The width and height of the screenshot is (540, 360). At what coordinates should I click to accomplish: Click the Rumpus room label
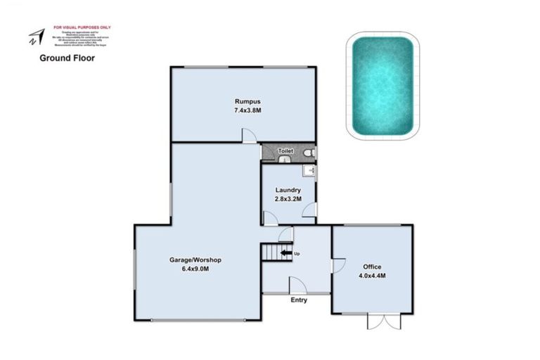(243, 101)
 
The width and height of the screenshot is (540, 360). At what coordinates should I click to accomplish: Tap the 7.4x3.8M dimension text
(243, 110)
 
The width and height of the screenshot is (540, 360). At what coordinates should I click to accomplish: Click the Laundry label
(288, 190)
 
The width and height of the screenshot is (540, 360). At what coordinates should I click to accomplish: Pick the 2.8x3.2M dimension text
(288, 199)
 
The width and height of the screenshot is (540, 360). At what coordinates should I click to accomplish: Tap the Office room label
(372, 266)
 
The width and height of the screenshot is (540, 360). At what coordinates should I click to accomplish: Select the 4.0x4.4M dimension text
(372, 276)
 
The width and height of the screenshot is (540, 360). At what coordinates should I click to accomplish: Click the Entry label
(299, 300)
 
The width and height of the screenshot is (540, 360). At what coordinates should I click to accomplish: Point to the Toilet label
(285, 151)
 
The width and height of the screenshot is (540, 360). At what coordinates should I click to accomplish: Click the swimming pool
(382, 86)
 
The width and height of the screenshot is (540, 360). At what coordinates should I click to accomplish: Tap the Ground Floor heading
(67, 58)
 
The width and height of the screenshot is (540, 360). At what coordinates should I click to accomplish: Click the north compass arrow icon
(35, 37)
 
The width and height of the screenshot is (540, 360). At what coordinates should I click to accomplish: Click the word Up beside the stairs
(298, 253)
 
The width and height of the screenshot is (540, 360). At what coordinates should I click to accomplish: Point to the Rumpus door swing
(249, 136)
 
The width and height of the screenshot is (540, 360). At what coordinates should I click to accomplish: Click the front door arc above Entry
(297, 285)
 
